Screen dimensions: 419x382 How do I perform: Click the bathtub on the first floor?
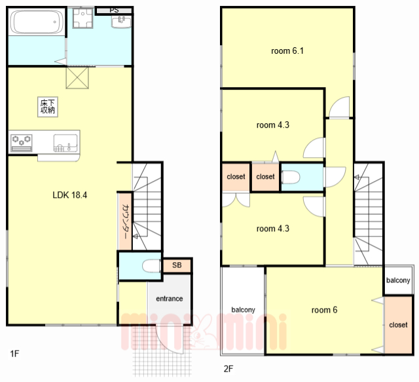point(37,22)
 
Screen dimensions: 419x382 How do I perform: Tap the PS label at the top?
point(114,10)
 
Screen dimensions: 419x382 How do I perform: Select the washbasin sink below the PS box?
point(121,22)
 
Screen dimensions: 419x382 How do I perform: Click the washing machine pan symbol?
point(83,18)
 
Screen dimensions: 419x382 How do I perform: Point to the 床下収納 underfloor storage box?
point(48,107)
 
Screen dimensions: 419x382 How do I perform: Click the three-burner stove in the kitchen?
point(22,143)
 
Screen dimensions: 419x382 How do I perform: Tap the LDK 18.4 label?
point(70,195)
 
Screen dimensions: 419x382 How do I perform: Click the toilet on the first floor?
point(152,267)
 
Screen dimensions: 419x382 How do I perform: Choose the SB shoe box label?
point(177,265)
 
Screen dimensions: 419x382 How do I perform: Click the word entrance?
point(170,299)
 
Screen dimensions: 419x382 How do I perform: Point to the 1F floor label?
point(14,354)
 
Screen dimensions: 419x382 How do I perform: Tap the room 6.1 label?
point(287,51)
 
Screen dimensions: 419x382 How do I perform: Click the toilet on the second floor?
point(291,177)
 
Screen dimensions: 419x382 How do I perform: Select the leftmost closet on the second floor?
point(236,176)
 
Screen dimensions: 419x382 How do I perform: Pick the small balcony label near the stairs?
point(398,280)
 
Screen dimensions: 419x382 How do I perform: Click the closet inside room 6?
point(398,325)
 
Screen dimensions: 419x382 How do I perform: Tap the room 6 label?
point(324,310)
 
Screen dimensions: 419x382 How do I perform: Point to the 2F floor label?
point(228,369)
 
